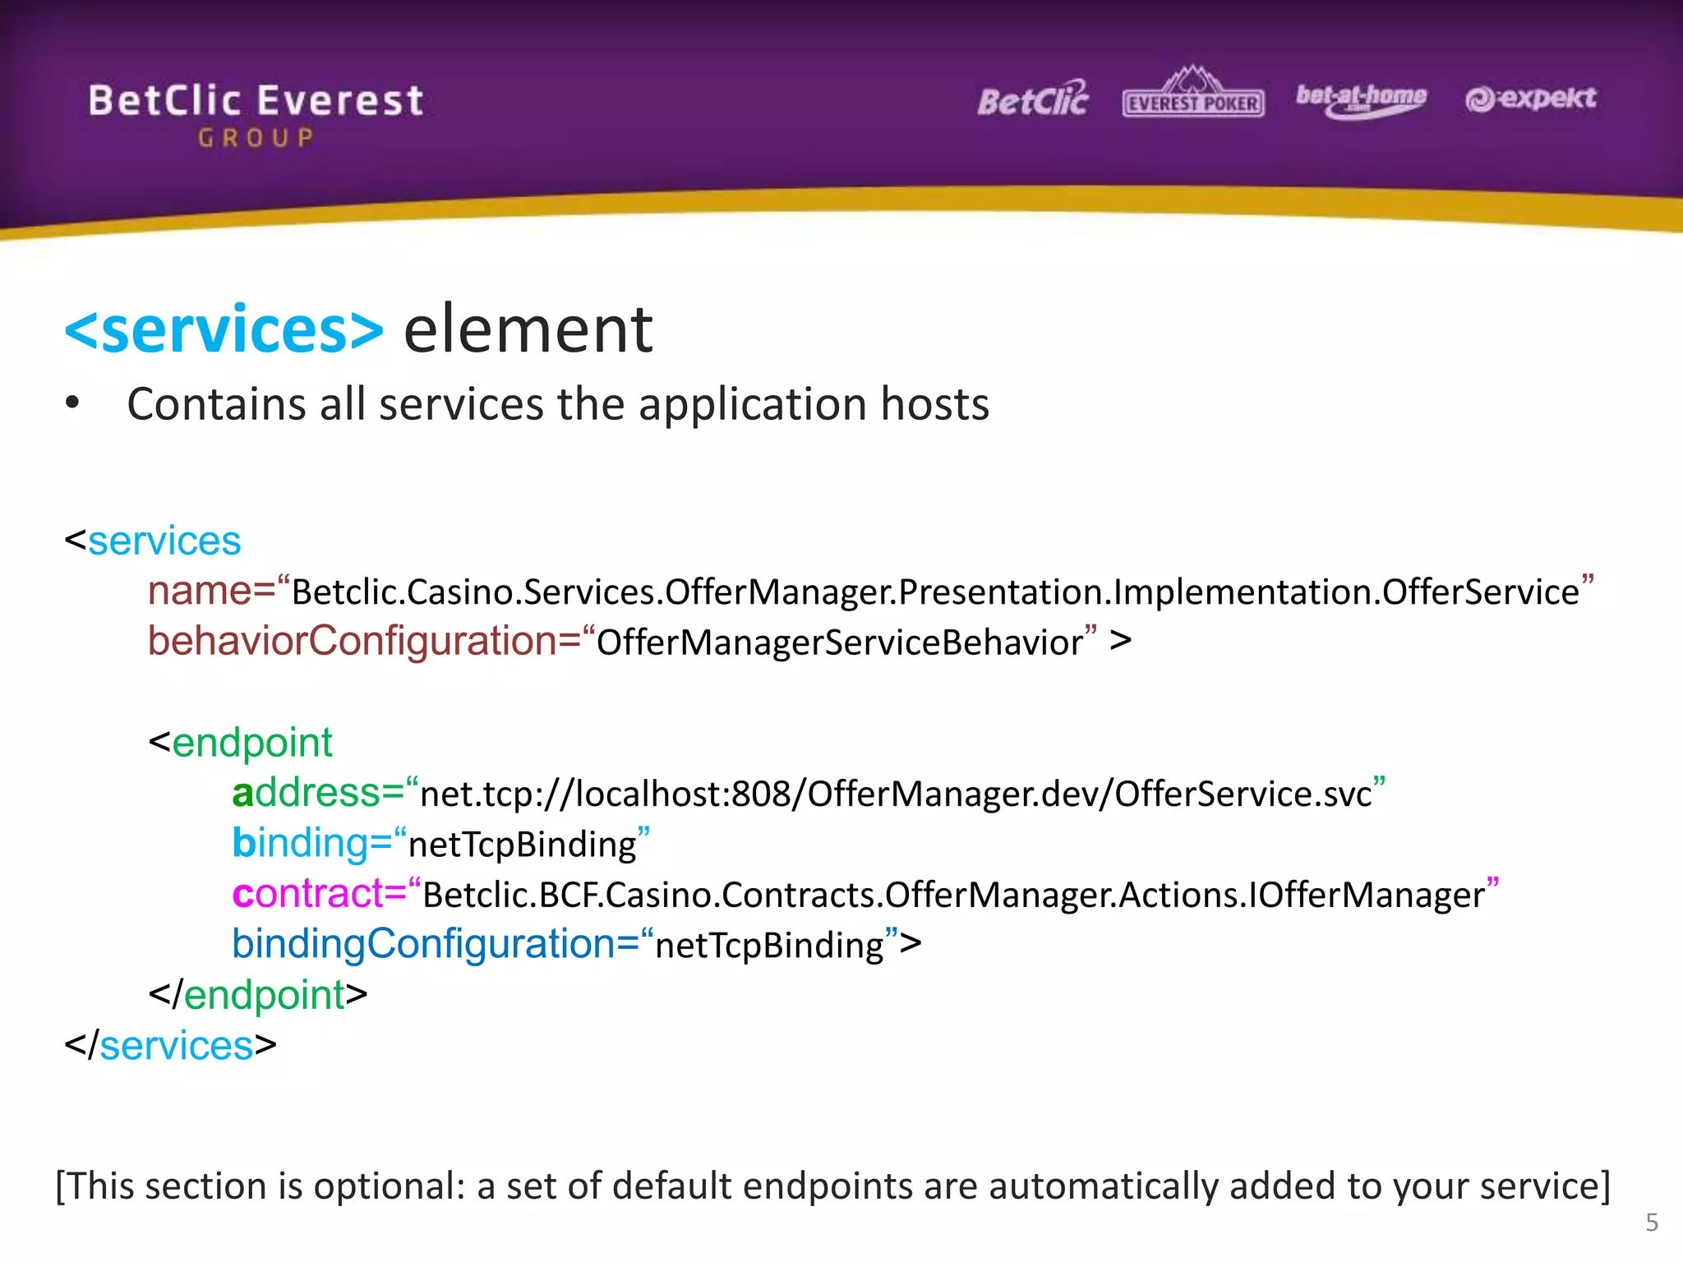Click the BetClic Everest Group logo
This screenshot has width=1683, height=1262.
[x=256, y=113]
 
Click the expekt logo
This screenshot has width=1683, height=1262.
[x=1530, y=99]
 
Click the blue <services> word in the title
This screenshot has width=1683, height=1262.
[x=224, y=329]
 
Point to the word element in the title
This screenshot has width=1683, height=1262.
[x=528, y=329]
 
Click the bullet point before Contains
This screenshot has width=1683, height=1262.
[x=73, y=403]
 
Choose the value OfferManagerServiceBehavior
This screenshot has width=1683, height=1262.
[x=839, y=643]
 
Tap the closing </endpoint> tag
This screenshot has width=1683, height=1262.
[x=258, y=995]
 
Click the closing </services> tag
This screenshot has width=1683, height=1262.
[x=171, y=1046]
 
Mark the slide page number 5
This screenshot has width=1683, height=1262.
[x=1652, y=1223]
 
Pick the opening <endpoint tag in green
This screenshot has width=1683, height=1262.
[x=241, y=743]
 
